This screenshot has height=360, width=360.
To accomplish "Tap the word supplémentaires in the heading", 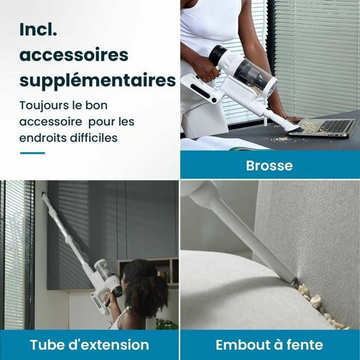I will pyautogui.click(x=98, y=80).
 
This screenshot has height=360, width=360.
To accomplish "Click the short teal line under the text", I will pyautogui.click(x=32, y=153).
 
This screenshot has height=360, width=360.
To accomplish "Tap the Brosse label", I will pyautogui.click(x=269, y=166).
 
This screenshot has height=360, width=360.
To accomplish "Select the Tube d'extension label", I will pyautogui.click(x=89, y=345).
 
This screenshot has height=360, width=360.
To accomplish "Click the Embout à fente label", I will pyautogui.click(x=269, y=345).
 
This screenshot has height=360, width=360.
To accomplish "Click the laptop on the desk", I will pyautogui.click(x=329, y=127).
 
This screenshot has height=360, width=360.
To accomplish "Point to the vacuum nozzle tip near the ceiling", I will pyautogui.click(x=45, y=196).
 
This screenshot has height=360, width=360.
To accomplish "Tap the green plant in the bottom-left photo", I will pyautogui.click(x=167, y=324).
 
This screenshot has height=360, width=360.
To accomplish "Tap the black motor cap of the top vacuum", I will pyautogui.click(x=217, y=54).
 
